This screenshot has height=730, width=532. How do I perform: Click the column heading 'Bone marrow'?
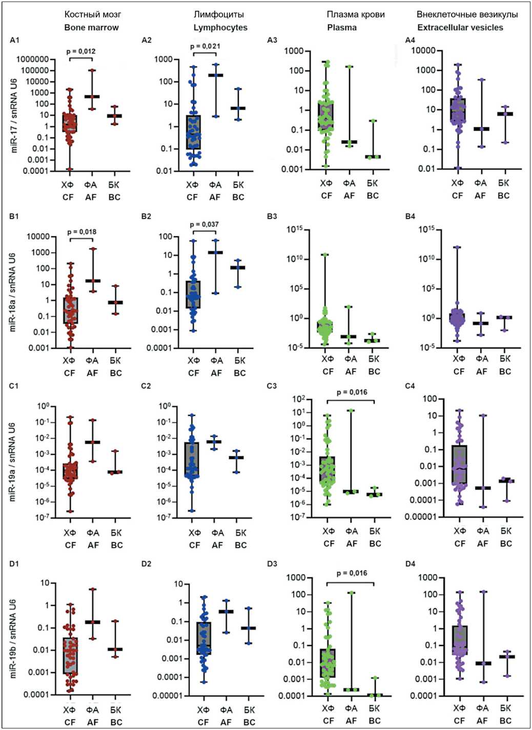91,28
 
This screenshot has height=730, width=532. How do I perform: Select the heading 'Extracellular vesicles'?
460,28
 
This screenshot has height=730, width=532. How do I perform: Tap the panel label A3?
272,40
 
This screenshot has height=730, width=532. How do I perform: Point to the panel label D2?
147,564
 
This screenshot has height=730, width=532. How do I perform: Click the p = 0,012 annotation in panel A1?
81,51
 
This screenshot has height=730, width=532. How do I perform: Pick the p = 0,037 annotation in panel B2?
204,224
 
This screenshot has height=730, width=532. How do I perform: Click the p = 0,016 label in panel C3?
352,392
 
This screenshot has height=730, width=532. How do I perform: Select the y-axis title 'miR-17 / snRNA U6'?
14,115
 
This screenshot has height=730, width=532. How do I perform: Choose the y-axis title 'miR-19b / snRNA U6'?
14,638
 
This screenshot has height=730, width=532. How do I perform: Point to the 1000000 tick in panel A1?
32,59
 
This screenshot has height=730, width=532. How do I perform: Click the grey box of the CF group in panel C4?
460,464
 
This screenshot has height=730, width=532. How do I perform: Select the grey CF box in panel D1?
70,656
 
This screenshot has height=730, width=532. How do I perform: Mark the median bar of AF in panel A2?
216,75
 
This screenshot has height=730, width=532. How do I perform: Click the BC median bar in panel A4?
505,114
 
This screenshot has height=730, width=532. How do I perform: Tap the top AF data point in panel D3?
352,593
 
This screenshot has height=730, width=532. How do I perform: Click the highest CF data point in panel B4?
457,247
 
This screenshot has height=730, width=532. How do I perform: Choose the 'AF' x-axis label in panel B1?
92,373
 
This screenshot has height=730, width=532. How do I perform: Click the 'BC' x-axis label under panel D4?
505,721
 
